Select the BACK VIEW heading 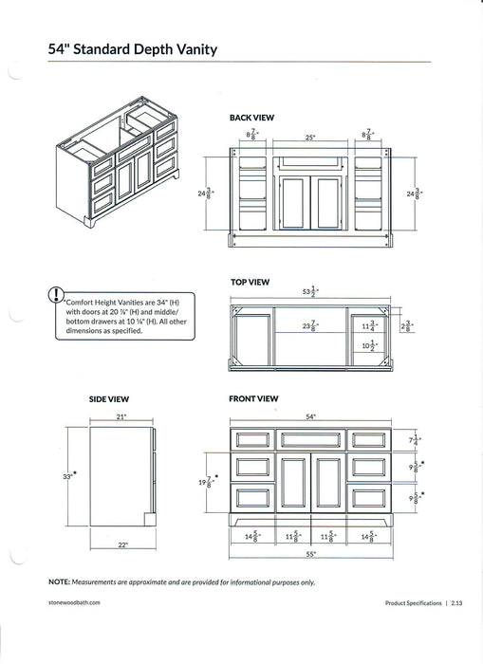tap(251, 118)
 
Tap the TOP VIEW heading tap(250, 282)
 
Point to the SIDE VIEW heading tap(108, 399)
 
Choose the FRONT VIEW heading tap(253, 399)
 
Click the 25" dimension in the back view tap(309, 138)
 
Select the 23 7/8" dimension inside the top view tap(309, 325)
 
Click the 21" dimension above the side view tap(121, 416)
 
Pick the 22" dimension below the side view tap(123, 544)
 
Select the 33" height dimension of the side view tap(68, 476)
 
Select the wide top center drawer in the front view tap(311, 439)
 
